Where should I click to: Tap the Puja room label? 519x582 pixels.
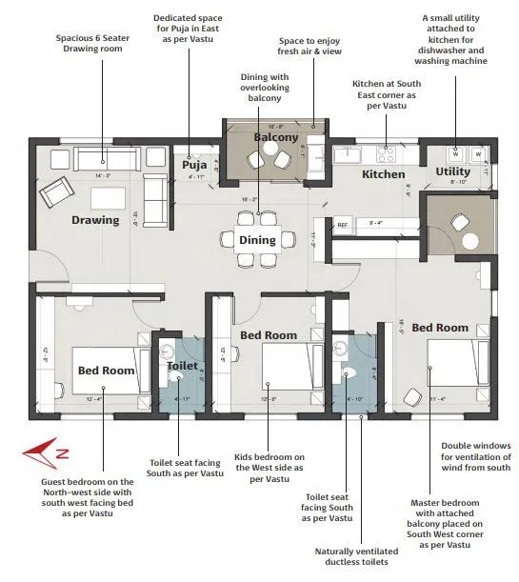coord(194,164)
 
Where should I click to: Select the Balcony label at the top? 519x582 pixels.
coord(275,137)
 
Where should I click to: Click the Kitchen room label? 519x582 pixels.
coord(383,174)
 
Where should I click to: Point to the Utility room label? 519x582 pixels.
coord(452,171)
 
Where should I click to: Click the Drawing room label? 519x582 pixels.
coord(95,220)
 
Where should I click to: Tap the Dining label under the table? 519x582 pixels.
coord(257,240)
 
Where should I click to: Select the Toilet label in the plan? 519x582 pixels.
coord(182,366)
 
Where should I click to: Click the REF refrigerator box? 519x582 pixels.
coord(343,226)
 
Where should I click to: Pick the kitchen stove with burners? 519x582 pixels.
coord(387,151)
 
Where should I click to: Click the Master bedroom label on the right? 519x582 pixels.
coord(439,328)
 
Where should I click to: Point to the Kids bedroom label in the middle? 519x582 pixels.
coord(268,335)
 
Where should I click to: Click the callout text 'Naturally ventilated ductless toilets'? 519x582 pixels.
coord(359,555)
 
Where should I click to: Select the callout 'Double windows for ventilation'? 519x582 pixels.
coord(476,456)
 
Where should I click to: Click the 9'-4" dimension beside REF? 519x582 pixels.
coord(374,225)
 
